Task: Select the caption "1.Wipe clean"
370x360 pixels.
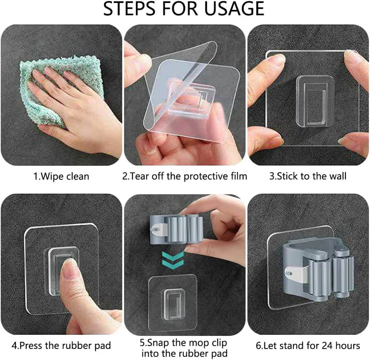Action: click(x=61, y=176)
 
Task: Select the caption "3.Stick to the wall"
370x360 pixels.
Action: click(x=307, y=176)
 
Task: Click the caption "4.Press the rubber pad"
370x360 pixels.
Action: click(x=61, y=346)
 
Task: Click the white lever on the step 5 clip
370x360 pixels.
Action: click(x=159, y=230)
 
